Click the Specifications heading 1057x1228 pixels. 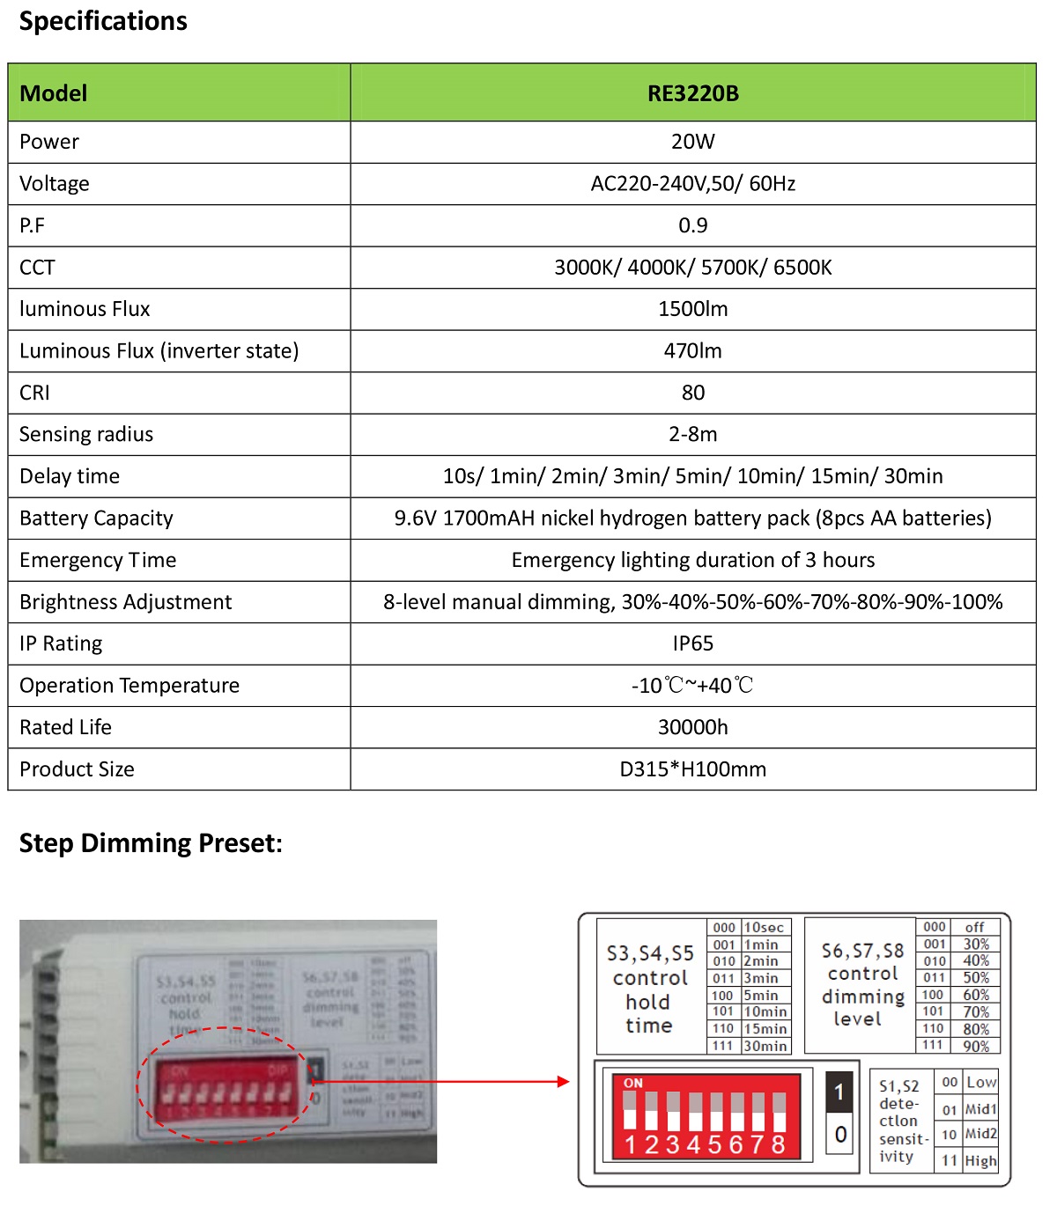pos(103,21)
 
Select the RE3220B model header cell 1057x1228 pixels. pos(692,93)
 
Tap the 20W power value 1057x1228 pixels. pos(692,142)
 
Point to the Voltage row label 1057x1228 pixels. pos(55,184)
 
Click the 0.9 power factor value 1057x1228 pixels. pos(692,225)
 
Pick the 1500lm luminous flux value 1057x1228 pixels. pos(692,309)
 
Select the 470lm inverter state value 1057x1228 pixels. pos(692,351)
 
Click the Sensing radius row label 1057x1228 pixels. pos(86,434)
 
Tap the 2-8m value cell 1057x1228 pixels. pos(692,434)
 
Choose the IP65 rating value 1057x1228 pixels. pos(692,643)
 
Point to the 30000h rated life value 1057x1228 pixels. pos(692,727)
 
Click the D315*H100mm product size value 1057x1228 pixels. pos(692,769)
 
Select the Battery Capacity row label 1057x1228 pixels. pos(96,518)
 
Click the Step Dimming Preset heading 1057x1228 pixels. pos(151,843)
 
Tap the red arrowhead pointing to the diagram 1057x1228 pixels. pos(564,1081)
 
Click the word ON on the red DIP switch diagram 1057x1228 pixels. pos(633,1084)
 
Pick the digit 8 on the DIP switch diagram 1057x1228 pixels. pos(778,1144)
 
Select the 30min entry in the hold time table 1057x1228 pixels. pos(765,1046)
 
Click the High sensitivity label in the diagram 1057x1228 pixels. pos(980,1160)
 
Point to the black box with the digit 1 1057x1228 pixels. pos(839,1092)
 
